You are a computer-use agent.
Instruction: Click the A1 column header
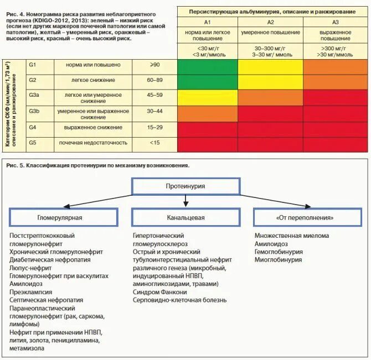point(208,22)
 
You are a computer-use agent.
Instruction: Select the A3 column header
point(336,22)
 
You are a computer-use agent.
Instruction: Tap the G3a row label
point(34,95)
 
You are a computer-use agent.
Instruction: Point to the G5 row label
point(33,143)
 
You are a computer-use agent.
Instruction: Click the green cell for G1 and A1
point(208,65)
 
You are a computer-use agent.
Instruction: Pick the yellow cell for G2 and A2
point(271,80)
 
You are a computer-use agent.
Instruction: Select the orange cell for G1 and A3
point(336,65)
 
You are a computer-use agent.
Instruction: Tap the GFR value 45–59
point(154,95)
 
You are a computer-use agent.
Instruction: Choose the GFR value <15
point(154,143)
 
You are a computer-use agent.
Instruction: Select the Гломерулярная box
point(64,217)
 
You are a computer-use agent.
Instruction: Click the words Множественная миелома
point(291,236)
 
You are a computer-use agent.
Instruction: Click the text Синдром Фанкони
point(159,292)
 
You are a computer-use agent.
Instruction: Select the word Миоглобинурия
point(279,259)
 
